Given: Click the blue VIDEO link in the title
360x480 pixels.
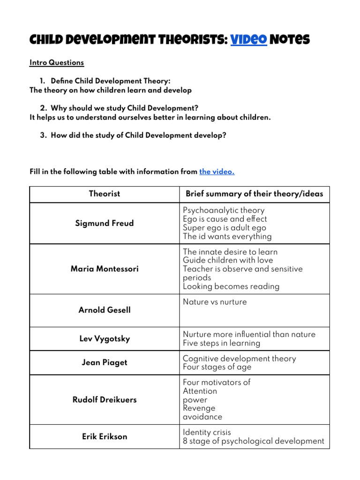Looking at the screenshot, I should (248, 40).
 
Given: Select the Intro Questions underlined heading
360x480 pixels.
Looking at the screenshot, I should (57, 62).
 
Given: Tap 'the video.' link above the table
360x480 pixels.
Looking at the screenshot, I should (217, 172).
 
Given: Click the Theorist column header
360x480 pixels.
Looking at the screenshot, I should (105, 194).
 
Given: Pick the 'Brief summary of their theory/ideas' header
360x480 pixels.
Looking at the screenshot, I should (254, 194).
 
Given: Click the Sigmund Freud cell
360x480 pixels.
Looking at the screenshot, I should (105, 223).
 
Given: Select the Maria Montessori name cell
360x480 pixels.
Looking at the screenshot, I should (105, 269).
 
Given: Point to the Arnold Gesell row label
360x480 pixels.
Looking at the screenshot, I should (105, 310).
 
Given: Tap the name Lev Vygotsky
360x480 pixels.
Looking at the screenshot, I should (105, 338).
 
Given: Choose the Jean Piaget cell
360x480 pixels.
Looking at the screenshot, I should (105, 362).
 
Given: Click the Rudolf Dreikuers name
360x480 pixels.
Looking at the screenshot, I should (105, 400).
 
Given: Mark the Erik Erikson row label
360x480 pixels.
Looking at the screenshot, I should (105, 436).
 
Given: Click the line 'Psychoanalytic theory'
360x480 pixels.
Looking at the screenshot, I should (224, 210).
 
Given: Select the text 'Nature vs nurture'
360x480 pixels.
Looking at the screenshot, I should (214, 302).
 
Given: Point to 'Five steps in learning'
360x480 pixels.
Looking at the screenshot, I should (221, 343).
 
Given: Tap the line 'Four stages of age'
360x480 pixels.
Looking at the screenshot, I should (217, 367).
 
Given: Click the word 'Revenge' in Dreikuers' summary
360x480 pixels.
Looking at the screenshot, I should (199, 408).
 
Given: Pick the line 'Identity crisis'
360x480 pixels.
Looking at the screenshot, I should (207, 432).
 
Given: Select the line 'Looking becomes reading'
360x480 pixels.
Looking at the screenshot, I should (231, 286).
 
